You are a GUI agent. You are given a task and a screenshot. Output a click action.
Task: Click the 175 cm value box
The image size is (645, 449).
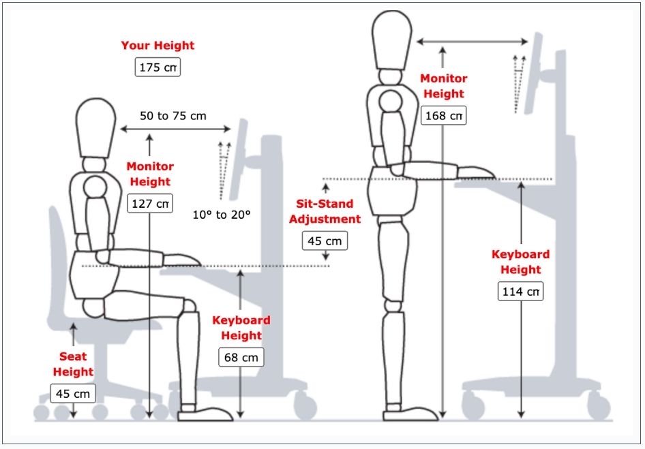pos(157,67)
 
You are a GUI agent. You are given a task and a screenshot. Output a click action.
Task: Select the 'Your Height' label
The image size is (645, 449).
pos(157,46)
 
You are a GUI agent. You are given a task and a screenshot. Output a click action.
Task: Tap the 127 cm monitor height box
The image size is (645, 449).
pos(149,204)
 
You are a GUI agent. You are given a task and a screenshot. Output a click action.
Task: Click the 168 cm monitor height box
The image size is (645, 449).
pos(444,116)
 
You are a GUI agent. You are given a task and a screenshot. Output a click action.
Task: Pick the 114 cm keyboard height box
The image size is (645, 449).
pos(521,292)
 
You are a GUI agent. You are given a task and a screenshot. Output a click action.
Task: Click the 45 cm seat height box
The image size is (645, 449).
pos(73,394)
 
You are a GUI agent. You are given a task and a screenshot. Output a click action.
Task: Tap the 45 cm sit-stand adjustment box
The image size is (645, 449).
pos(325,241)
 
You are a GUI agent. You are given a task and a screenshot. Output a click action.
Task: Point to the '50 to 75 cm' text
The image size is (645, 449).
pos(173,116)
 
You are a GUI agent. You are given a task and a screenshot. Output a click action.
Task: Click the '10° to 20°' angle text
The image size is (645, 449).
pos(222,214)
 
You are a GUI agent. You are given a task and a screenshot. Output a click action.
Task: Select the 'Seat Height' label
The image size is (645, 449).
pos(73,364)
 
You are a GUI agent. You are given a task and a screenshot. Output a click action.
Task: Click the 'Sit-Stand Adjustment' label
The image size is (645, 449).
pos(325,211)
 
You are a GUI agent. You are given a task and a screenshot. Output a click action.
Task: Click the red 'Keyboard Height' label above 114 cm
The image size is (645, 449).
pos(521,262)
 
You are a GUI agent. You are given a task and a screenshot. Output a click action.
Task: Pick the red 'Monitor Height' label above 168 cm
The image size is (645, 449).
pos(442,87)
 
